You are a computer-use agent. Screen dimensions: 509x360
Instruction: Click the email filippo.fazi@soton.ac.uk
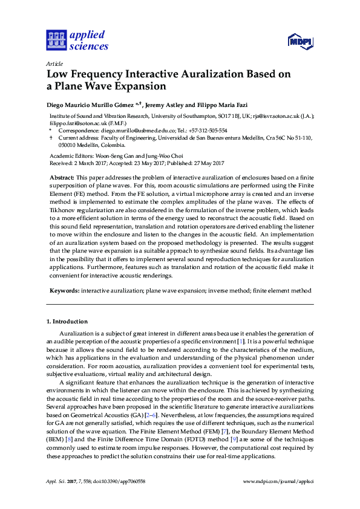tap(71, 123)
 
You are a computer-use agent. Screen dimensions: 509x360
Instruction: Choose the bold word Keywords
tap(64, 291)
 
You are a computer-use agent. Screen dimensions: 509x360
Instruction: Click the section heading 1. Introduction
tap(67, 322)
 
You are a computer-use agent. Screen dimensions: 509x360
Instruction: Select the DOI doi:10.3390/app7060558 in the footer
tap(116, 481)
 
